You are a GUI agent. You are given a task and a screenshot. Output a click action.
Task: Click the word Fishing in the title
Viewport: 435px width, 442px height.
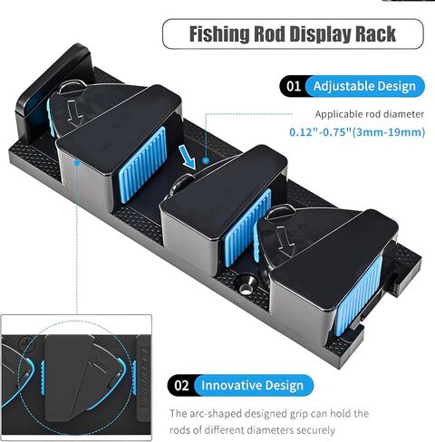tap(219, 34)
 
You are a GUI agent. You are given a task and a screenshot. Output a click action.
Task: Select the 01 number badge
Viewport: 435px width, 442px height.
tap(294, 86)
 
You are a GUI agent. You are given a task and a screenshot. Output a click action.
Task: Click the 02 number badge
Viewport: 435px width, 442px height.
tap(181, 386)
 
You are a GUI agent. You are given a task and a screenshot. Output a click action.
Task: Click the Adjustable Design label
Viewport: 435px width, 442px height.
tap(364, 86)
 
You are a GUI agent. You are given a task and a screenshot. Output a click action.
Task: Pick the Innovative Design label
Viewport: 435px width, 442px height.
tap(252, 386)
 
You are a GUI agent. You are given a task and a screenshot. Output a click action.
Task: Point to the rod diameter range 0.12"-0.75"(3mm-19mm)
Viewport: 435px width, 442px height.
tap(357, 132)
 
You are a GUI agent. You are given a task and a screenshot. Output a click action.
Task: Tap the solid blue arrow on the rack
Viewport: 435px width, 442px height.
tap(187, 157)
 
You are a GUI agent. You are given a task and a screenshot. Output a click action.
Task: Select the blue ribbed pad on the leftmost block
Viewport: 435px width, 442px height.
tap(143, 164)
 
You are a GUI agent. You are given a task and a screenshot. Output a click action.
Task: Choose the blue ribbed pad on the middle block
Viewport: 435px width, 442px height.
tap(247, 227)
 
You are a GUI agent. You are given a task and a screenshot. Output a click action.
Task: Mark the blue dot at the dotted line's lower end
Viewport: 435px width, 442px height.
tap(206, 160)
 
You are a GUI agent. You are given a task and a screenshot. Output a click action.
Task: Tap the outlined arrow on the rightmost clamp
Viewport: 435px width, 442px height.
tap(285, 242)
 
